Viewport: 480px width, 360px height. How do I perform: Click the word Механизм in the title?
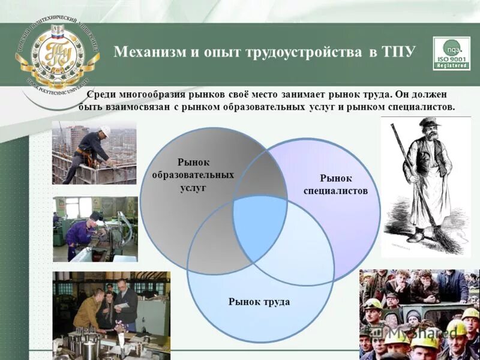coord(146,52)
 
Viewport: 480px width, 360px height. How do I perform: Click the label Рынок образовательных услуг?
coord(193,175)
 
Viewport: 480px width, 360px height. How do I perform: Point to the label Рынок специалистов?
coord(335,184)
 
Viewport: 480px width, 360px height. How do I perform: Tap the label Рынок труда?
coord(259,301)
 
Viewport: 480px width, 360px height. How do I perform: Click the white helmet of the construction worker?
coord(106,130)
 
